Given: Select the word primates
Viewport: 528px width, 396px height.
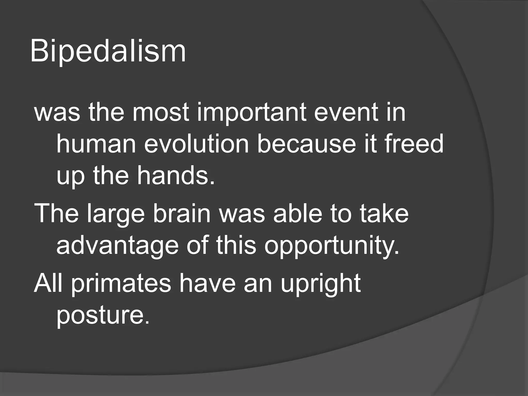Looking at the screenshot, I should pyautogui.click(x=121, y=284).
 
